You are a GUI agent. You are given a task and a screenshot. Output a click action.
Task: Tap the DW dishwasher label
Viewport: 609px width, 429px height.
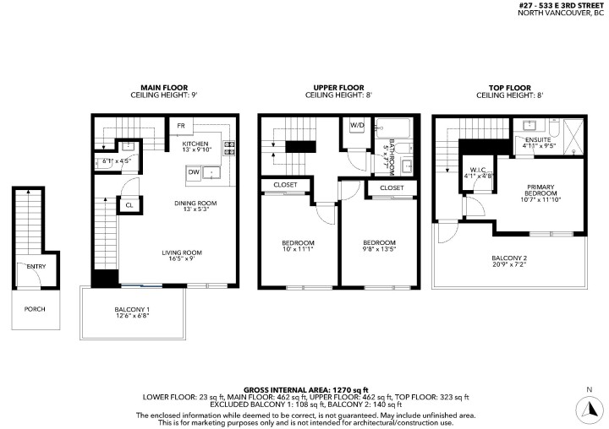pyautogui.click(x=193, y=172)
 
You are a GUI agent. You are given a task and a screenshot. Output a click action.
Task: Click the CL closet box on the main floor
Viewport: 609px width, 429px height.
pyautogui.click(x=129, y=204)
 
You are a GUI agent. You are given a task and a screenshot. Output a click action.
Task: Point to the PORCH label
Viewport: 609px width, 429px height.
pyautogui.click(x=35, y=309)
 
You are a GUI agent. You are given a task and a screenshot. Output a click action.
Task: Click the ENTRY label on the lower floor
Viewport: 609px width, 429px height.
pyautogui.click(x=36, y=267)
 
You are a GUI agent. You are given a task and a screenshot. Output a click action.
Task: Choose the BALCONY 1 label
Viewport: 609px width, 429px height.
pyautogui.click(x=131, y=310)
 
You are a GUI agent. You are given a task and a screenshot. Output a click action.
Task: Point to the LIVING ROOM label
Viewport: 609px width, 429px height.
pyautogui.click(x=183, y=253)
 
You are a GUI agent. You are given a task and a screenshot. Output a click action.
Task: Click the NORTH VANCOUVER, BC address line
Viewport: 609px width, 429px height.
pyautogui.click(x=562, y=13)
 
